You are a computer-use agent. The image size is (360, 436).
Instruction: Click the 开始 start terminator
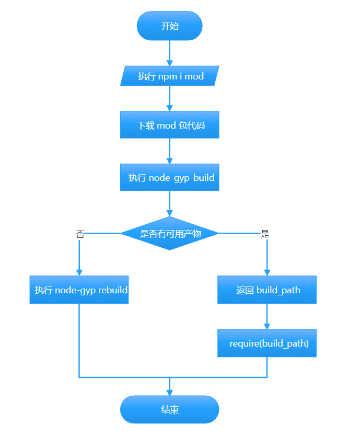[169, 26]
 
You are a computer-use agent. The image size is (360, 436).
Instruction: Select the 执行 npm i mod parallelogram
[169, 76]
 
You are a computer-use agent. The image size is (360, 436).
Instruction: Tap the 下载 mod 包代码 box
[169, 125]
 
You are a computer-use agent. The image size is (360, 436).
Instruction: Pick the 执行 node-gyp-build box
[169, 177]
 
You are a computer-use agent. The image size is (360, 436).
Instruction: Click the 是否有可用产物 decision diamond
[169, 234]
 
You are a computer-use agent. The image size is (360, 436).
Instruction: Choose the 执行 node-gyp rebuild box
[79, 290]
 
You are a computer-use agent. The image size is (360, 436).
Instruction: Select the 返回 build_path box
[267, 290]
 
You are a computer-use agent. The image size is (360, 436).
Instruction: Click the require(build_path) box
[267, 343]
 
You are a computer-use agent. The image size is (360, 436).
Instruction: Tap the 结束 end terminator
[169, 409]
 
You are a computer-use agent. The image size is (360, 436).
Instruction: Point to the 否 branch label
[80, 234]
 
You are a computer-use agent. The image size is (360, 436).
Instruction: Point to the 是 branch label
[265, 234]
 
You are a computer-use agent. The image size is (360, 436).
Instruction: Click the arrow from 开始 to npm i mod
[169, 52]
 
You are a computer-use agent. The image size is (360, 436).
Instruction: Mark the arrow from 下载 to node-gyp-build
[169, 151]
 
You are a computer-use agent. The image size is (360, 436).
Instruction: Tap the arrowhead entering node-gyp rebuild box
[79, 272]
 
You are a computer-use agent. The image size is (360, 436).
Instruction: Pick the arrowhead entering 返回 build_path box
[267, 272]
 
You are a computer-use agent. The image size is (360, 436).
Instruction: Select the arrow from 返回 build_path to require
[267, 316]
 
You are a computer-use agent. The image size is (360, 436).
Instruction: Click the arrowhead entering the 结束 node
[169, 392]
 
